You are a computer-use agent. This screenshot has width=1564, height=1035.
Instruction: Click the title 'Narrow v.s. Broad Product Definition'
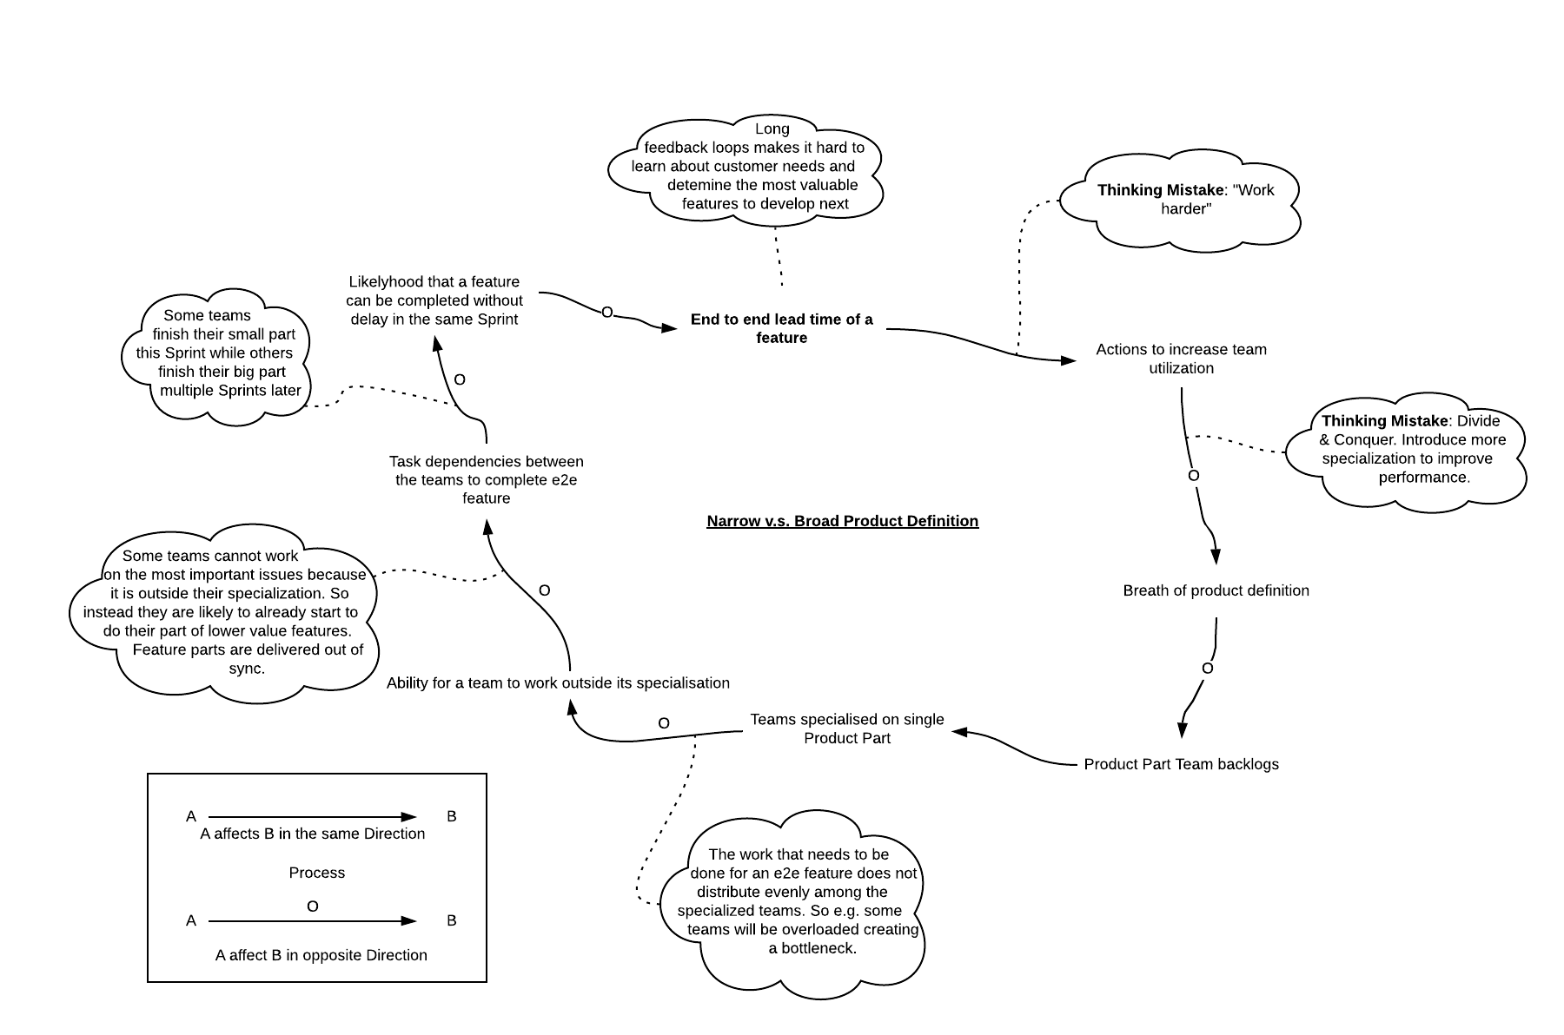point(842,521)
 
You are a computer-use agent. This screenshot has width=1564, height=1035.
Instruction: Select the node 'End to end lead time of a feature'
point(781,328)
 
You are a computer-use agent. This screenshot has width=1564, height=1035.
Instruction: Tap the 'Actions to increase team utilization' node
point(1181,359)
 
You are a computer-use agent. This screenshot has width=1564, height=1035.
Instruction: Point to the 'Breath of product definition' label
point(1216,590)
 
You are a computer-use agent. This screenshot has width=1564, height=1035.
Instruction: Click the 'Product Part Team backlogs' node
point(1181,764)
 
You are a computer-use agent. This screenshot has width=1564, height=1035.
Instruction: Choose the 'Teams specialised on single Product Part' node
point(846,728)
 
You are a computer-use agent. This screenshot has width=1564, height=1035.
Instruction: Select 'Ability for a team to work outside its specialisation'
point(558,682)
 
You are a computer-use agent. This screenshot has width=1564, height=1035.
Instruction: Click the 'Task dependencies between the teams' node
point(486,479)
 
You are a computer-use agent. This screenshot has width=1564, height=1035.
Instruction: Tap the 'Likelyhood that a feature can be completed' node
point(434,300)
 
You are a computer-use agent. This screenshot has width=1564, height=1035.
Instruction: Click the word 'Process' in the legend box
point(317,873)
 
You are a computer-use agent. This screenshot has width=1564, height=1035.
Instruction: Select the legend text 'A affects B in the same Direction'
point(313,834)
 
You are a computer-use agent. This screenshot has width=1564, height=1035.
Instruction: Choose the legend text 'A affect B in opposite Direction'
point(321,955)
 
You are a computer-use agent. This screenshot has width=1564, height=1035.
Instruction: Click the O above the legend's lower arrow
point(313,906)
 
